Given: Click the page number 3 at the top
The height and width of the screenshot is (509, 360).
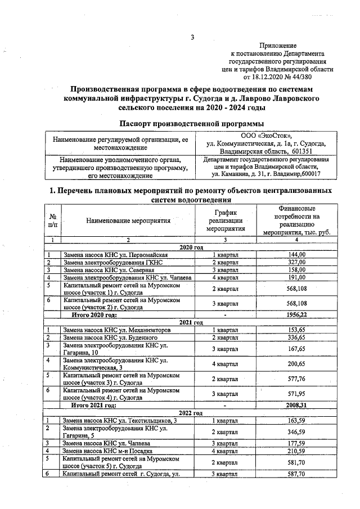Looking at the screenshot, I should click(192, 38).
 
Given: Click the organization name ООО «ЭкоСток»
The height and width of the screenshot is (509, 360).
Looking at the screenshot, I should click(266, 136).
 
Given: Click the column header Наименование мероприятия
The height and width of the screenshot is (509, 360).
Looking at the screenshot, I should click(128, 222).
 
